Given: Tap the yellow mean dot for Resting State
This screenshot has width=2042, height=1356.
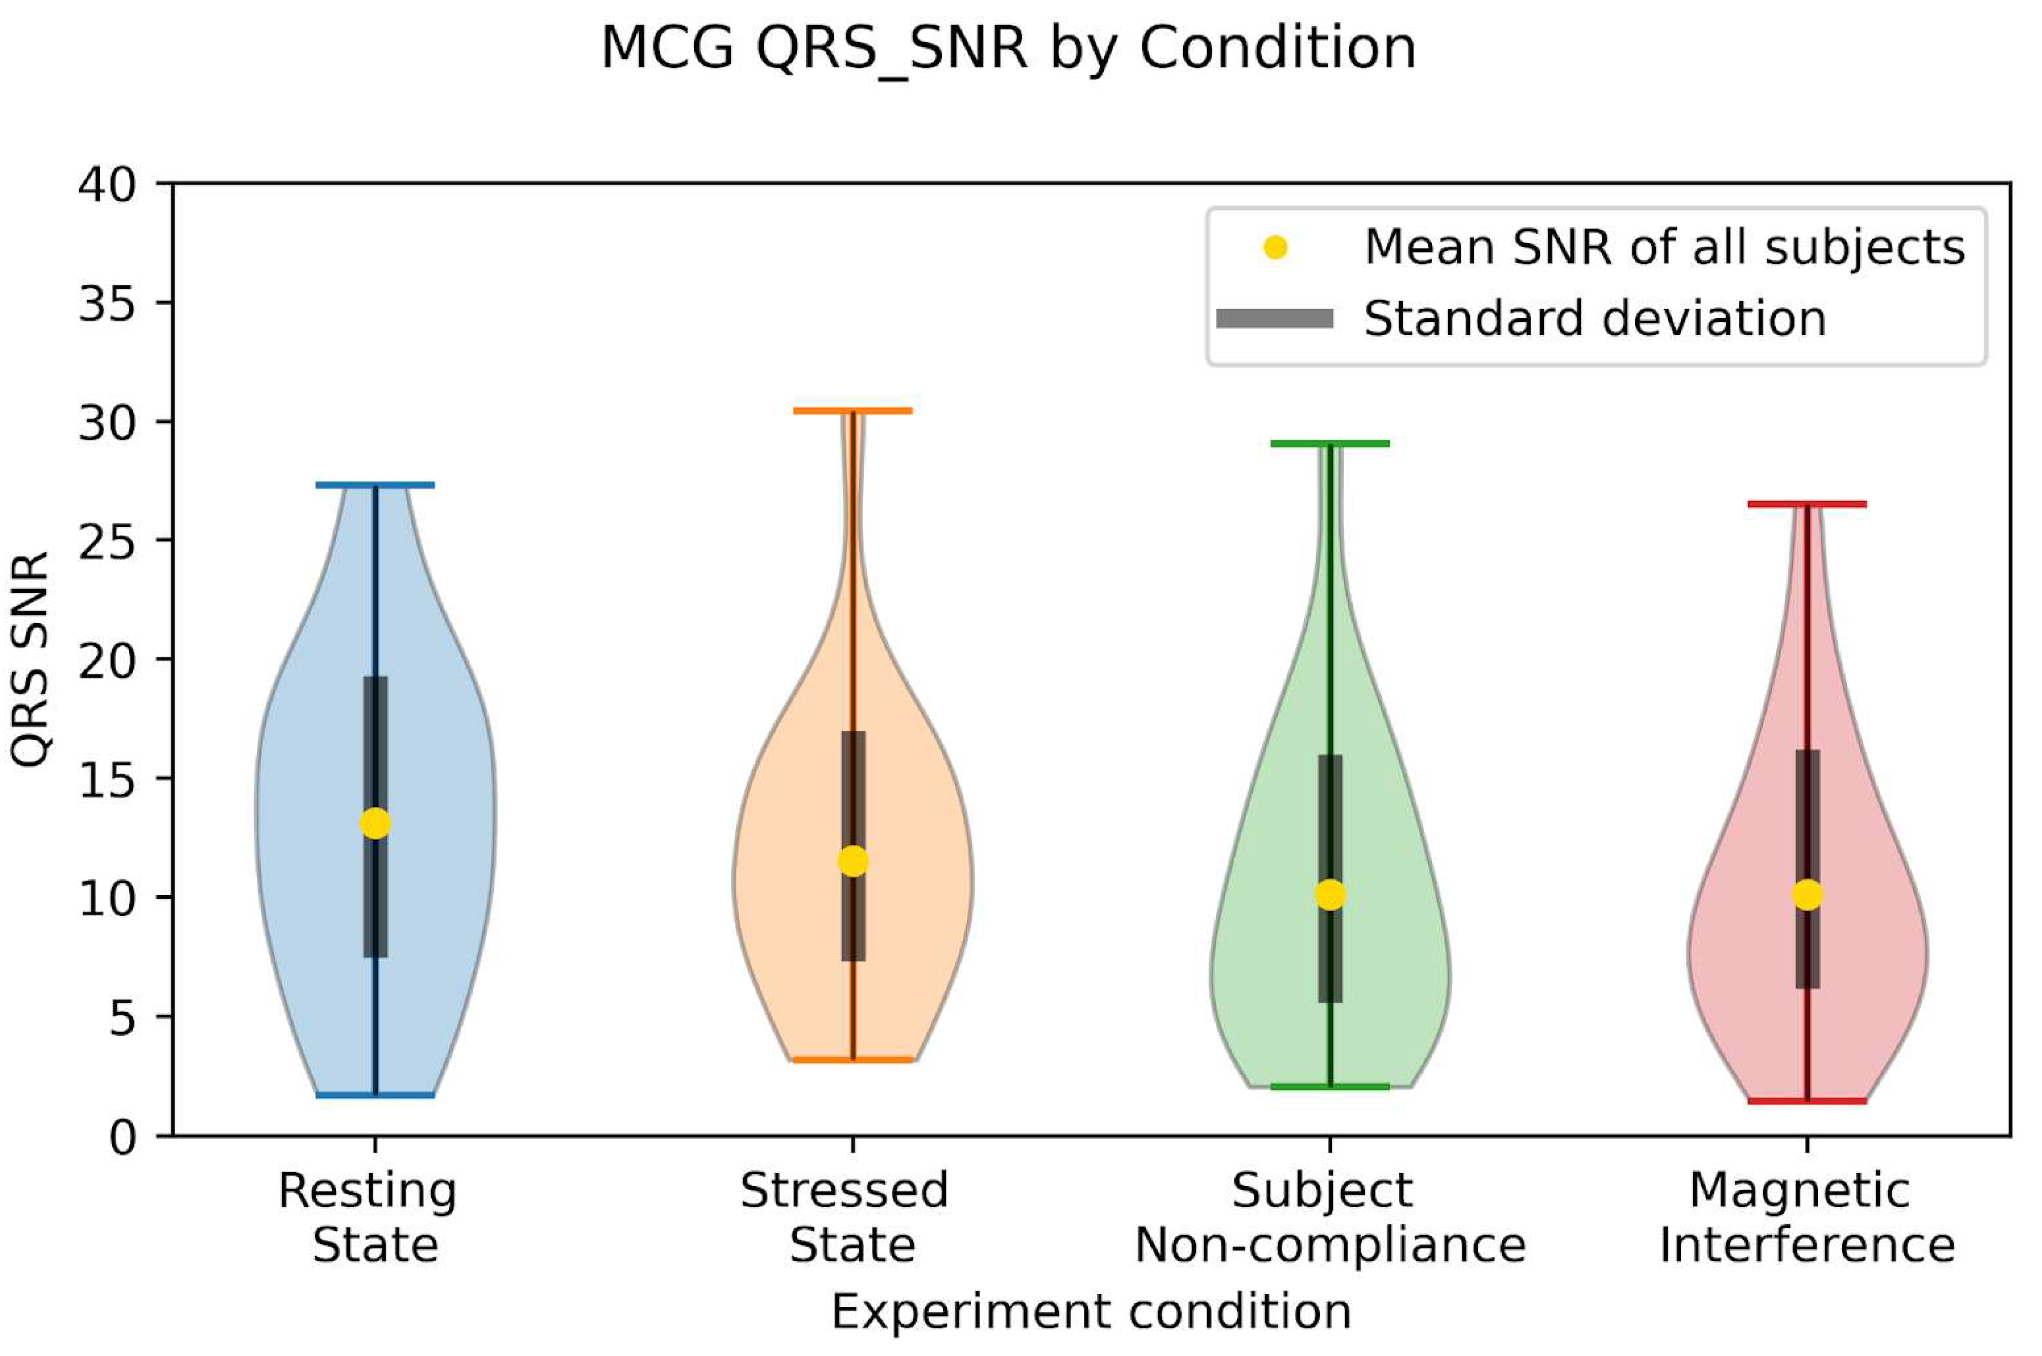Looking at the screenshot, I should (374, 823).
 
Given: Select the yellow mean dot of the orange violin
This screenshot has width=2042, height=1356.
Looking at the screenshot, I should (853, 861).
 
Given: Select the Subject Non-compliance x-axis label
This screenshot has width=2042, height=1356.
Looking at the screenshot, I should (1330, 1217).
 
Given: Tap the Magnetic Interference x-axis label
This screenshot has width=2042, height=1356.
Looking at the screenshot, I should (1807, 1217).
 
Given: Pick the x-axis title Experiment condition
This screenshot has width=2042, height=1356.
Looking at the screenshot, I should (1092, 1312).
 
